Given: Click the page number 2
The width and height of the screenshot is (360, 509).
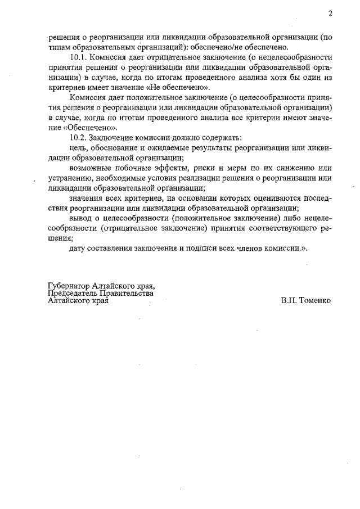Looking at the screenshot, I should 331,13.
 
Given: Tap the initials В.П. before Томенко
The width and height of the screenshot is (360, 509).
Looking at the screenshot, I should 290,301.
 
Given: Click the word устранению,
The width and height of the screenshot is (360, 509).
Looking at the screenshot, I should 72,178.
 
